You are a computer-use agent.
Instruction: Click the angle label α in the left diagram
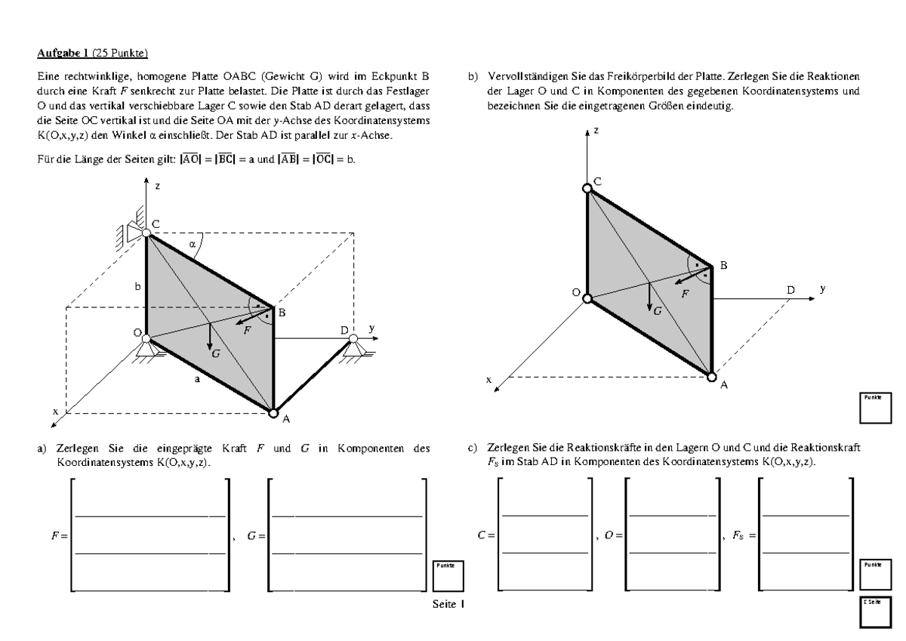193,244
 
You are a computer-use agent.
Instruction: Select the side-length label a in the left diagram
198,381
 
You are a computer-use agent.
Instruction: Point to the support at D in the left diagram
351,350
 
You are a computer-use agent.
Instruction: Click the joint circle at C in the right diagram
588,188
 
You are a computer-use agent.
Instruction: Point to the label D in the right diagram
790,290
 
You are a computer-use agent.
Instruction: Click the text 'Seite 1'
448,605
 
